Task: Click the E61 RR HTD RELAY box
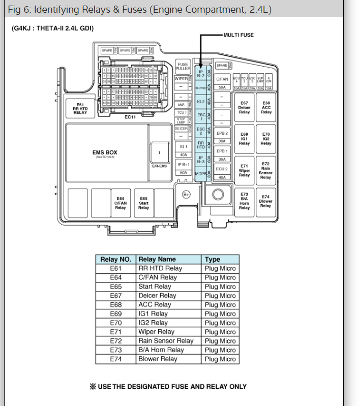click(80, 109)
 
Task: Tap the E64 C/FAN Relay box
click(121, 203)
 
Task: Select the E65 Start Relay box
click(144, 203)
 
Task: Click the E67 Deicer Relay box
click(245, 108)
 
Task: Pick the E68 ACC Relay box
click(266, 108)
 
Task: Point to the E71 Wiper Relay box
click(245, 170)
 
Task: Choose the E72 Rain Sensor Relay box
click(266, 170)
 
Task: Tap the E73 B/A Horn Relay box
click(245, 201)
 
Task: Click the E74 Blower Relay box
click(266, 201)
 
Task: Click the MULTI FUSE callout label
click(238, 35)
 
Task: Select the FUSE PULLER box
click(183, 67)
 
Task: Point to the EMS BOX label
click(105, 152)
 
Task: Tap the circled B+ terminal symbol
click(186, 194)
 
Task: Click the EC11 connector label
click(130, 117)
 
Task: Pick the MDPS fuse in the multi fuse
click(201, 174)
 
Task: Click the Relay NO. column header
click(116, 259)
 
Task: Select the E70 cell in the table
click(116, 323)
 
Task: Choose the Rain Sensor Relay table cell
click(166, 341)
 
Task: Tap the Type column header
click(213, 259)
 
